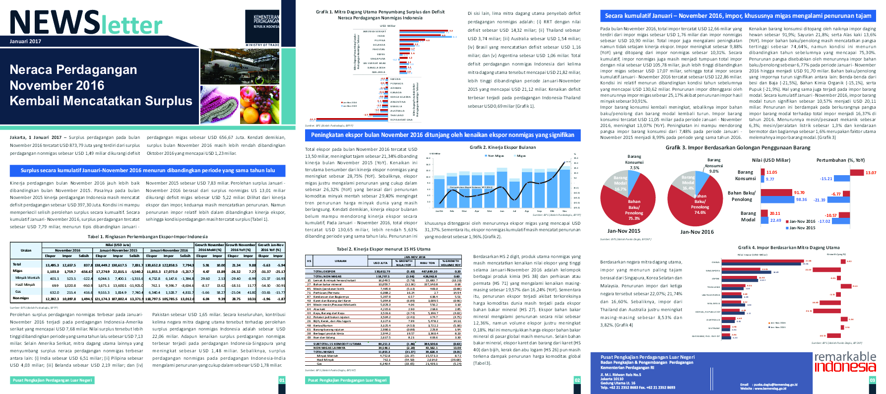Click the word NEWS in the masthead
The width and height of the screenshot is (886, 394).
point(55,23)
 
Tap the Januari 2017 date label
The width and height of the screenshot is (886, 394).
point(25,41)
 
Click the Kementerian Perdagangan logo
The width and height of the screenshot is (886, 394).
point(266,22)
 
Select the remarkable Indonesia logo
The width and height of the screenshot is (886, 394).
point(845,362)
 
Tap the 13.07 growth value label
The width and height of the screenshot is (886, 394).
point(871,173)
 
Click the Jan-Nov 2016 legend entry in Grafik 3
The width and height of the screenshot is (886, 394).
point(801,221)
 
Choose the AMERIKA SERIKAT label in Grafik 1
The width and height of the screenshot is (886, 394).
point(375,31)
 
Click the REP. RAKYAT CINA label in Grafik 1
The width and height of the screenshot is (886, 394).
point(401,120)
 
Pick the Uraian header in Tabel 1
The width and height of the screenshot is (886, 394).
point(26,250)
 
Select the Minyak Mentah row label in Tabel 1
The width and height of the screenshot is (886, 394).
point(27,278)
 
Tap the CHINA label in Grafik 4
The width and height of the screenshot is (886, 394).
point(715,262)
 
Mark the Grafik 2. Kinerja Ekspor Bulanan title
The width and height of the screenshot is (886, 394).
point(503,147)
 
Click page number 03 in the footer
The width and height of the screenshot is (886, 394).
point(873,380)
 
